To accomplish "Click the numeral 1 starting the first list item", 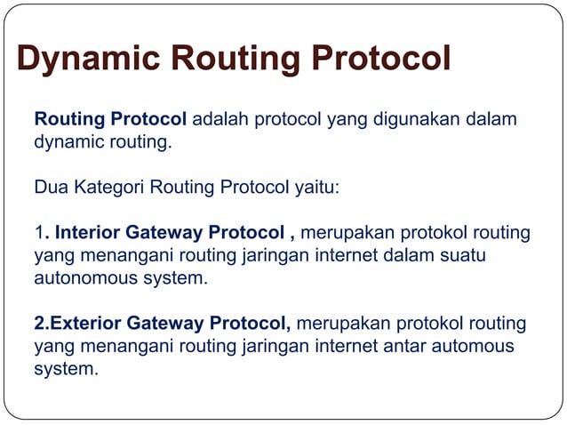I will click(x=38, y=234).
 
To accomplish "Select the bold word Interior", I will click(x=88, y=234).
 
